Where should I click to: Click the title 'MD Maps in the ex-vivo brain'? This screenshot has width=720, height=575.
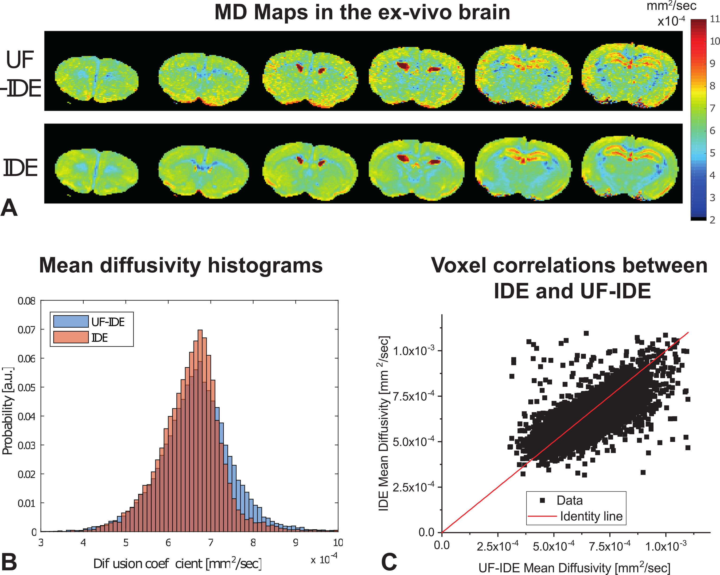[x=362, y=13]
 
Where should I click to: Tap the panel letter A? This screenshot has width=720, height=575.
[x=9, y=208]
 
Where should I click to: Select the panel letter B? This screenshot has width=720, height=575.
[x=9, y=562]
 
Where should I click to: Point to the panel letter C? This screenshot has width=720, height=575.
[x=389, y=562]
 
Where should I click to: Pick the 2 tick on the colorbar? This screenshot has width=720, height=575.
[x=712, y=220]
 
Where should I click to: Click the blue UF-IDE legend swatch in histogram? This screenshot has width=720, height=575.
[x=71, y=321]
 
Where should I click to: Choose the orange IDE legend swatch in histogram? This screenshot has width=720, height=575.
[x=71, y=338]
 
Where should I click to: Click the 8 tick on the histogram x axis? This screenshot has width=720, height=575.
[x=253, y=542]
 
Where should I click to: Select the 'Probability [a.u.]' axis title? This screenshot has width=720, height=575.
[x=7, y=411]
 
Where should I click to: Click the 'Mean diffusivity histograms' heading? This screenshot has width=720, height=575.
[x=181, y=266]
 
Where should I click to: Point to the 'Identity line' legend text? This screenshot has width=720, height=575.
[x=591, y=516]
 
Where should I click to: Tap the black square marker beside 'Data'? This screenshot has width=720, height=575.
[x=542, y=500]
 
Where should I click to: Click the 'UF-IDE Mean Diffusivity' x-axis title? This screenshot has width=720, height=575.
[x=574, y=568]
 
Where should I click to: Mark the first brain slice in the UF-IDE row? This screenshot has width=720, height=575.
[x=97, y=79]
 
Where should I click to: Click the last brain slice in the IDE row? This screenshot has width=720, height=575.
[x=630, y=168]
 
